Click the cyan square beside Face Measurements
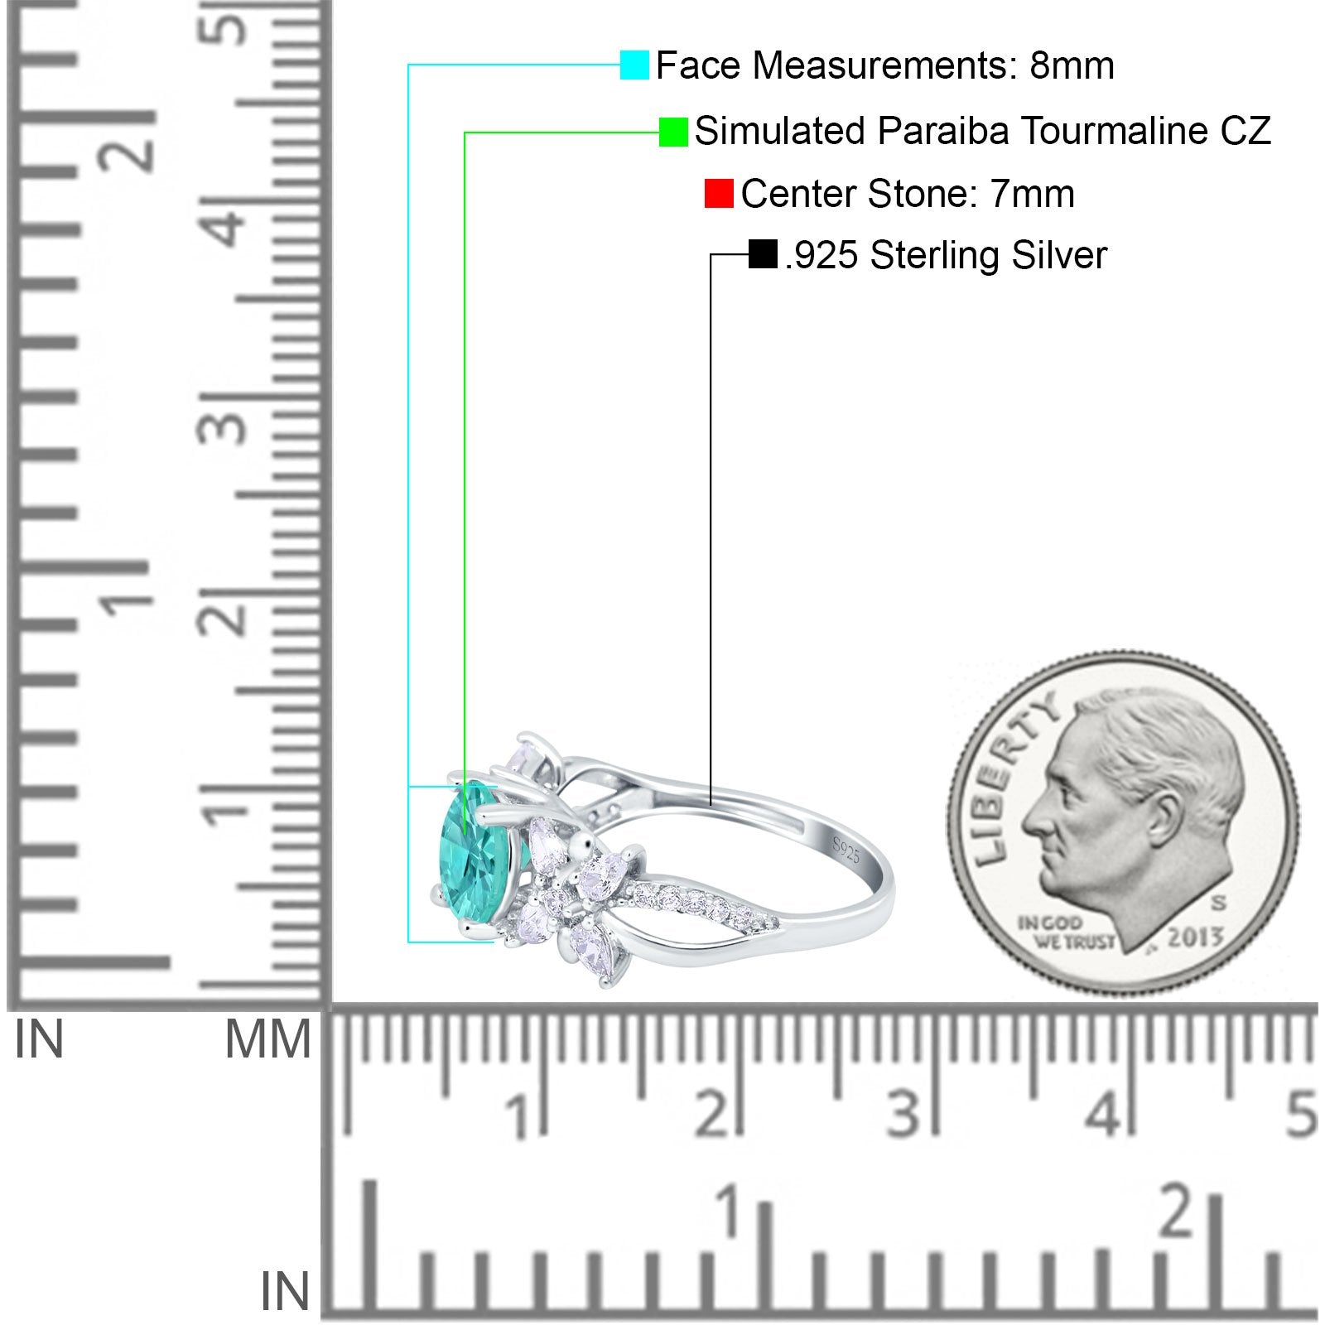[x=634, y=65]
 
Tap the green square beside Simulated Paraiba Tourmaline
[x=673, y=132]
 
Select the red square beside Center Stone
[x=719, y=194]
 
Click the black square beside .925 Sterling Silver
[x=762, y=254]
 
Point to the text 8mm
[x=1072, y=65]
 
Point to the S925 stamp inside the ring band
[x=846, y=850]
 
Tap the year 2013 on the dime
[x=1194, y=937]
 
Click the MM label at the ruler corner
[x=267, y=1039]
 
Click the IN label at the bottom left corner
[x=285, y=1291]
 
